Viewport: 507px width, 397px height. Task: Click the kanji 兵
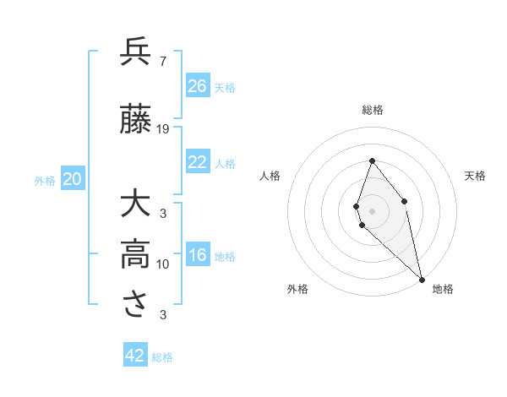136,52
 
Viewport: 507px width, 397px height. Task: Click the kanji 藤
136,120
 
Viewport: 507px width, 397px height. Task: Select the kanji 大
136,205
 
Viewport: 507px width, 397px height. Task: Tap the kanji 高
136,254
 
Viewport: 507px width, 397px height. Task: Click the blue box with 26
198,86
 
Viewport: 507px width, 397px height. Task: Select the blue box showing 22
198,163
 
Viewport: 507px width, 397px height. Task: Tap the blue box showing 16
198,256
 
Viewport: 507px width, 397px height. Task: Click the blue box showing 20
73,179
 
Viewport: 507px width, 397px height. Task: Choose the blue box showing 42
135,356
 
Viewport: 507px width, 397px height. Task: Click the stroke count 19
163,129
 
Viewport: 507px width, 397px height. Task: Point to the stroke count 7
162,61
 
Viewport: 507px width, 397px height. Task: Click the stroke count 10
163,264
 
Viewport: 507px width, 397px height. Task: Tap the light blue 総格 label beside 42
162,357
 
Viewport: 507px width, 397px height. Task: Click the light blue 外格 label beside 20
45,180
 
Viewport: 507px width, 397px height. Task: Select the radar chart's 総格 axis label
373,110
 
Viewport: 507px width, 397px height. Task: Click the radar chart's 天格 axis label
476,176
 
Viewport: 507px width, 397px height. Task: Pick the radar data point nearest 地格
422,279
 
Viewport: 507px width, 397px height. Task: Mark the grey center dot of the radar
373,210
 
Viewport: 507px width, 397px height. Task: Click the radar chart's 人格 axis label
270,176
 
